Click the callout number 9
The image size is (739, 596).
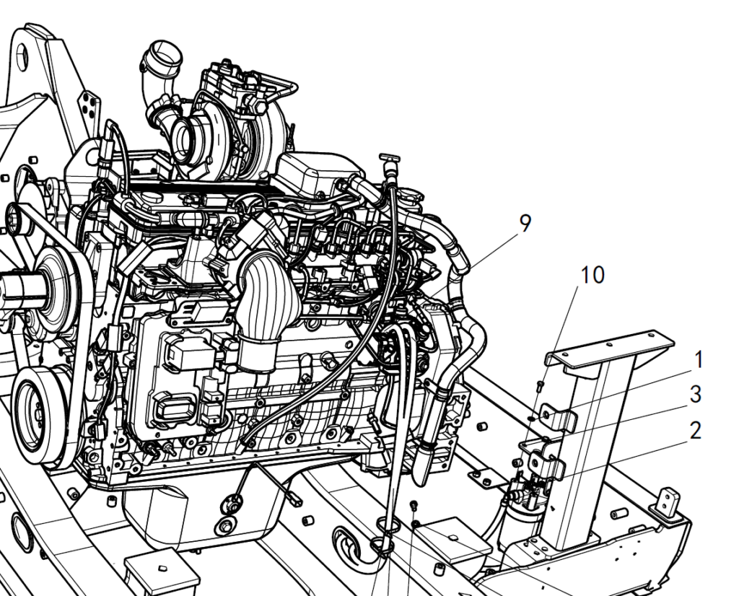525,223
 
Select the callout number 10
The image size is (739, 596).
592,275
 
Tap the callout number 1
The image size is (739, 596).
699,359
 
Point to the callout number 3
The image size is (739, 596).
696,395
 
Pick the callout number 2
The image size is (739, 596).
696,431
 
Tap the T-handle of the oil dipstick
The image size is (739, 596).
390,157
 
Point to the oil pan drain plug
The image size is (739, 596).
227,525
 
